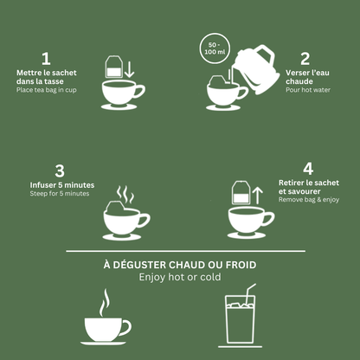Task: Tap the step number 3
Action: coord(60,170)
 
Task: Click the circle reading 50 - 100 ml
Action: coord(213,49)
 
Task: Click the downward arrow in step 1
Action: coord(129,68)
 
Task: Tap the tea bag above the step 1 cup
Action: coord(112,67)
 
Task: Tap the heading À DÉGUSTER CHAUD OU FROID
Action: coord(179,264)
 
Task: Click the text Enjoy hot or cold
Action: coord(179,277)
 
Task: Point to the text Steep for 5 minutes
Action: coord(60,194)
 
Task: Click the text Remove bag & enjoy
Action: coord(308,199)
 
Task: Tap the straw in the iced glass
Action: coord(249,292)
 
